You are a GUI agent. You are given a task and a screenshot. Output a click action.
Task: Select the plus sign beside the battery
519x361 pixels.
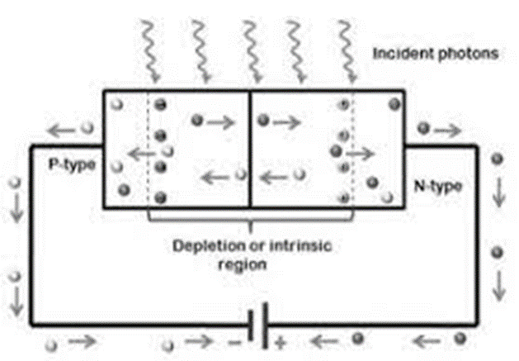click(279, 340)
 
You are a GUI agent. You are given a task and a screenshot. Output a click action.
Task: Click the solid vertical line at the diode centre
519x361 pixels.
click(249, 149)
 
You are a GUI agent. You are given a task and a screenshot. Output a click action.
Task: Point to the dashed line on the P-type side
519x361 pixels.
click(149, 149)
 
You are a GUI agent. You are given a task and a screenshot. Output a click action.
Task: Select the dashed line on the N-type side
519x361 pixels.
click(351, 149)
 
